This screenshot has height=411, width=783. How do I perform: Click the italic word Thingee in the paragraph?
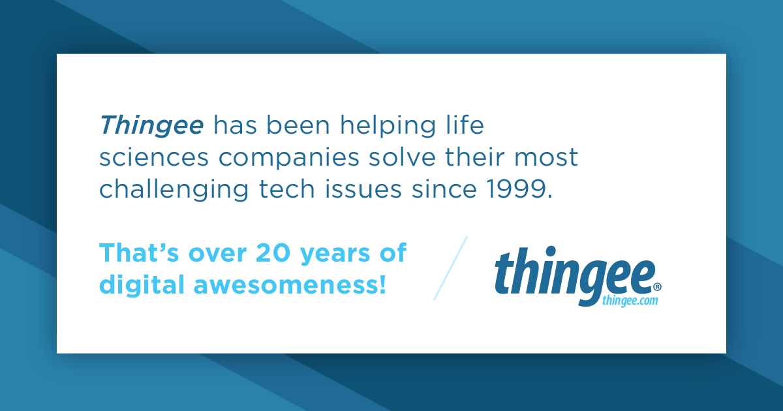(151, 125)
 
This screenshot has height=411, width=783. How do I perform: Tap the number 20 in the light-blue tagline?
(271, 253)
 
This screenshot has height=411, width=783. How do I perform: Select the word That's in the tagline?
(134, 253)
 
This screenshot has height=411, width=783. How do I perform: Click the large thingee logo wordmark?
(574, 274)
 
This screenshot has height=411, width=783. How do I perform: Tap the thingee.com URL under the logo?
(630, 300)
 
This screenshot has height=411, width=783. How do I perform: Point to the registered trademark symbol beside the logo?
(657, 286)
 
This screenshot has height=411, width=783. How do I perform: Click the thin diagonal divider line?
(451, 267)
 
